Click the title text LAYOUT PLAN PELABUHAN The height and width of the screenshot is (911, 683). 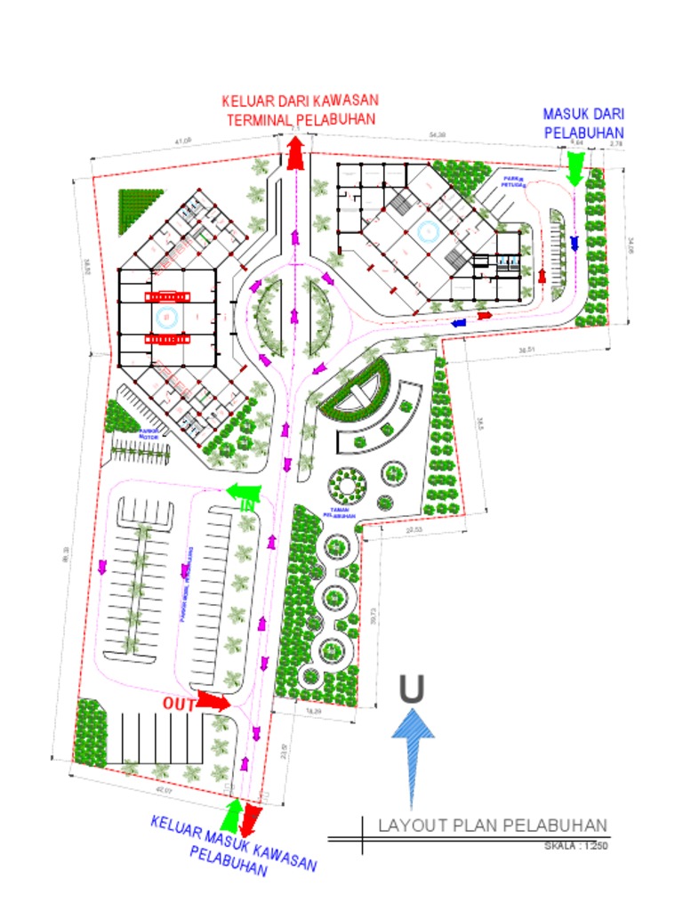coord(492,825)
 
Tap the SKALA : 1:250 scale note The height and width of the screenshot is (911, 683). coord(575,846)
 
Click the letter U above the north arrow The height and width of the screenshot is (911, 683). coord(411,689)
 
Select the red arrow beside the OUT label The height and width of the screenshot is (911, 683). coord(213,701)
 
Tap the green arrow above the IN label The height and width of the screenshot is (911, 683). coord(243,489)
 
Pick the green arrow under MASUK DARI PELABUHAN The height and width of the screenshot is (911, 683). coord(575,167)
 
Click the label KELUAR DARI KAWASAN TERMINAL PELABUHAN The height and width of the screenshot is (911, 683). coord(299,109)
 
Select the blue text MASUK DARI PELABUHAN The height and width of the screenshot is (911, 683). coord(583,123)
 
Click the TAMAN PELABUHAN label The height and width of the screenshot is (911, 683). coord(339,512)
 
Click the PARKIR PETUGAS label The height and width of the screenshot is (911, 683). coord(513,181)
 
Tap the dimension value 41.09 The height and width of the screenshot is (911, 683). coord(183,141)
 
